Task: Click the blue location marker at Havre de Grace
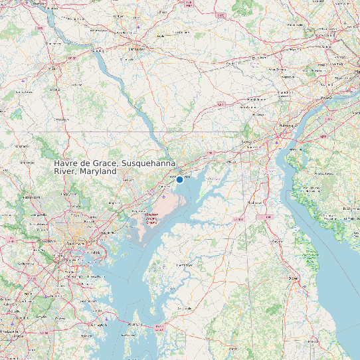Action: (x=179, y=179)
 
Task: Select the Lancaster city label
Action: (x=137, y=49)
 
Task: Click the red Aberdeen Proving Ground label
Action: (x=151, y=219)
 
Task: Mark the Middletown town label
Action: (x=254, y=202)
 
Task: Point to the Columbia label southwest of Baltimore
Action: (x=26, y=264)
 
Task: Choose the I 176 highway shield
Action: (x=221, y=15)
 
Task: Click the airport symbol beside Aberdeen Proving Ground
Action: (x=164, y=197)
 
